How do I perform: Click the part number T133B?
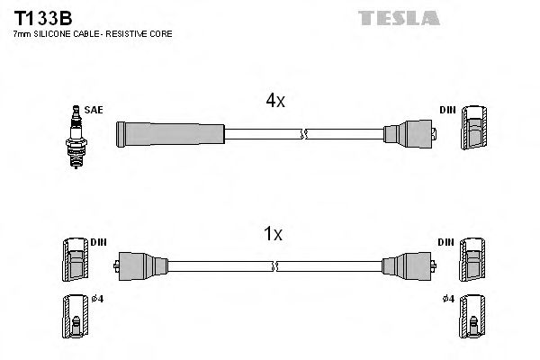tap(41, 16)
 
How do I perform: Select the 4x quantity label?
tap(274, 102)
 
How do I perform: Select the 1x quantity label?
tap(272, 234)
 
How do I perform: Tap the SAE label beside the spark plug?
tap(94, 110)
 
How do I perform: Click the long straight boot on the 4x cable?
tap(169, 134)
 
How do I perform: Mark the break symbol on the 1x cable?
tap(274, 265)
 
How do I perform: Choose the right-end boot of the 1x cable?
tap(405, 265)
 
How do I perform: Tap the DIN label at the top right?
tap(447, 110)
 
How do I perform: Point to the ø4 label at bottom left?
tap(97, 299)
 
